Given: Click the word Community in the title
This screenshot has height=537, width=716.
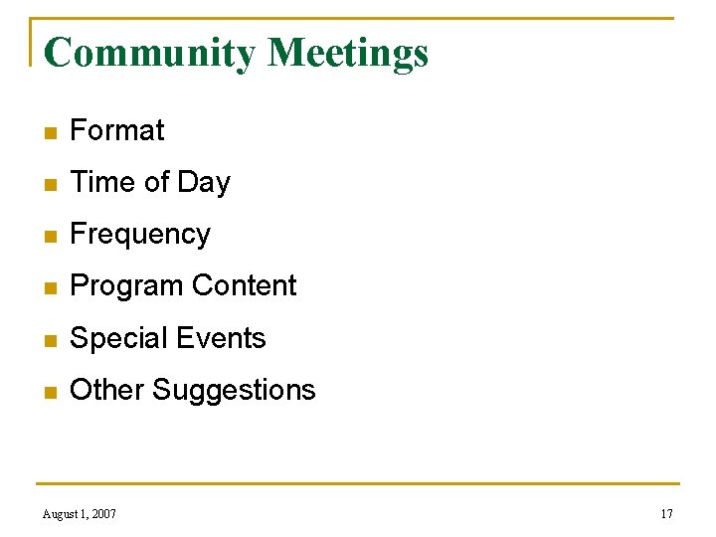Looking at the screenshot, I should click(150, 53).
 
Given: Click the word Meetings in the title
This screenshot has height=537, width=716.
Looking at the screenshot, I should click(348, 53).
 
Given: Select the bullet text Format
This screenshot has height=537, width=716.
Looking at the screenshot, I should click(117, 130).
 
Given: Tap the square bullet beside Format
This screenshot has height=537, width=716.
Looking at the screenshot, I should click(49, 131).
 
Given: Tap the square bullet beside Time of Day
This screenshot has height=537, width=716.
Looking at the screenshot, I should click(49, 183).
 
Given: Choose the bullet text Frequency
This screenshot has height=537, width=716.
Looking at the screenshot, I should click(140, 235).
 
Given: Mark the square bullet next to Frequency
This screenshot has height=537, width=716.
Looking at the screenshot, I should click(49, 236).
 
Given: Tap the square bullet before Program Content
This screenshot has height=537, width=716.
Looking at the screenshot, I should click(49, 287).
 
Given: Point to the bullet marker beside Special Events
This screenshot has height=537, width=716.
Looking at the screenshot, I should click(49, 339).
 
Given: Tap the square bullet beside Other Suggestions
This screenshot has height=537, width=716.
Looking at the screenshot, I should click(49, 391).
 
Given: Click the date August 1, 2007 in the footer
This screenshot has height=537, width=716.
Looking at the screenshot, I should click(80, 514).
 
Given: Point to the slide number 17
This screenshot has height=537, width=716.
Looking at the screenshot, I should click(666, 514).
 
